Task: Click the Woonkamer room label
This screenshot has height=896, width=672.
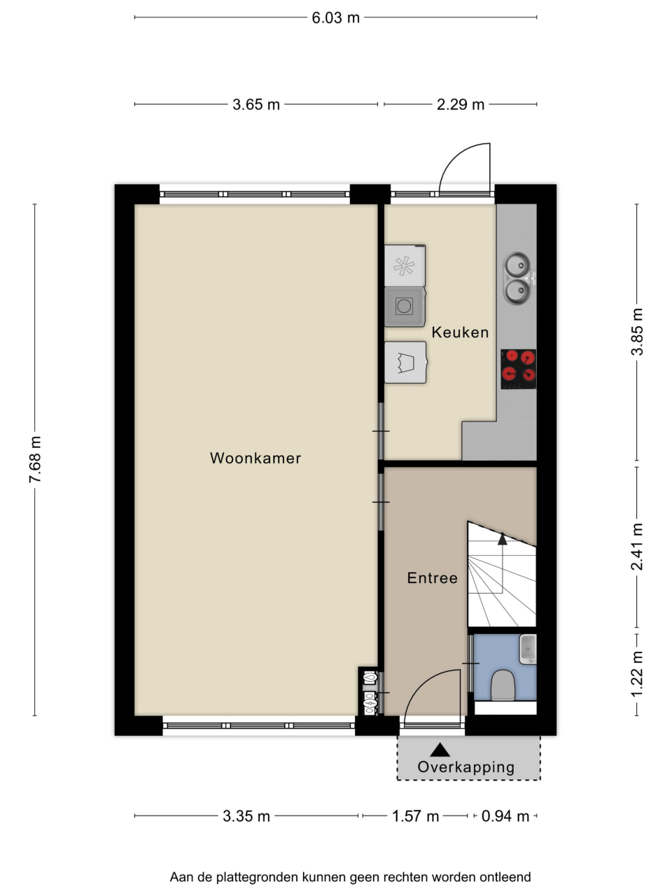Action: tap(255, 458)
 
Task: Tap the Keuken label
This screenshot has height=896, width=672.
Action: tap(460, 332)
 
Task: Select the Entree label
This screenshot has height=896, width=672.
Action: tap(433, 578)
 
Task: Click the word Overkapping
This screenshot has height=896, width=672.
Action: tap(466, 767)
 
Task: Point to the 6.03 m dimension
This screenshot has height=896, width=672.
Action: tap(335, 18)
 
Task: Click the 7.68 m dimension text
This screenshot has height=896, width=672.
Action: tap(36, 459)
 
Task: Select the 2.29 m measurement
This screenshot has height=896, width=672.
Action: tap(460, 105)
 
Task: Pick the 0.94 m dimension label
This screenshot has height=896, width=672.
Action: tap(505, 816)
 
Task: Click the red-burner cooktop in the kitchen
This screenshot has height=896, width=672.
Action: tap(518, 369)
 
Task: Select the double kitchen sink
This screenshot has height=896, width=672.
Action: tap(518, 279)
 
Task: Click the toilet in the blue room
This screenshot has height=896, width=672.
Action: tap(503, 685)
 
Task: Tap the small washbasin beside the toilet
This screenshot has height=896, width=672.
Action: tap(528, 649)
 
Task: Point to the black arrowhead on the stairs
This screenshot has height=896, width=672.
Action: tap(503, 539)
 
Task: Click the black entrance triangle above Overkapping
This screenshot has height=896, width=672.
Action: tap(440, 750)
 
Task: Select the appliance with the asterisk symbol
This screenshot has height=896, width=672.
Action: tap(405, 265)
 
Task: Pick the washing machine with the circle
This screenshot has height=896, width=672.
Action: tap(405, 307)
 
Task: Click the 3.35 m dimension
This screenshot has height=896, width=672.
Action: tap(246, 816)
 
